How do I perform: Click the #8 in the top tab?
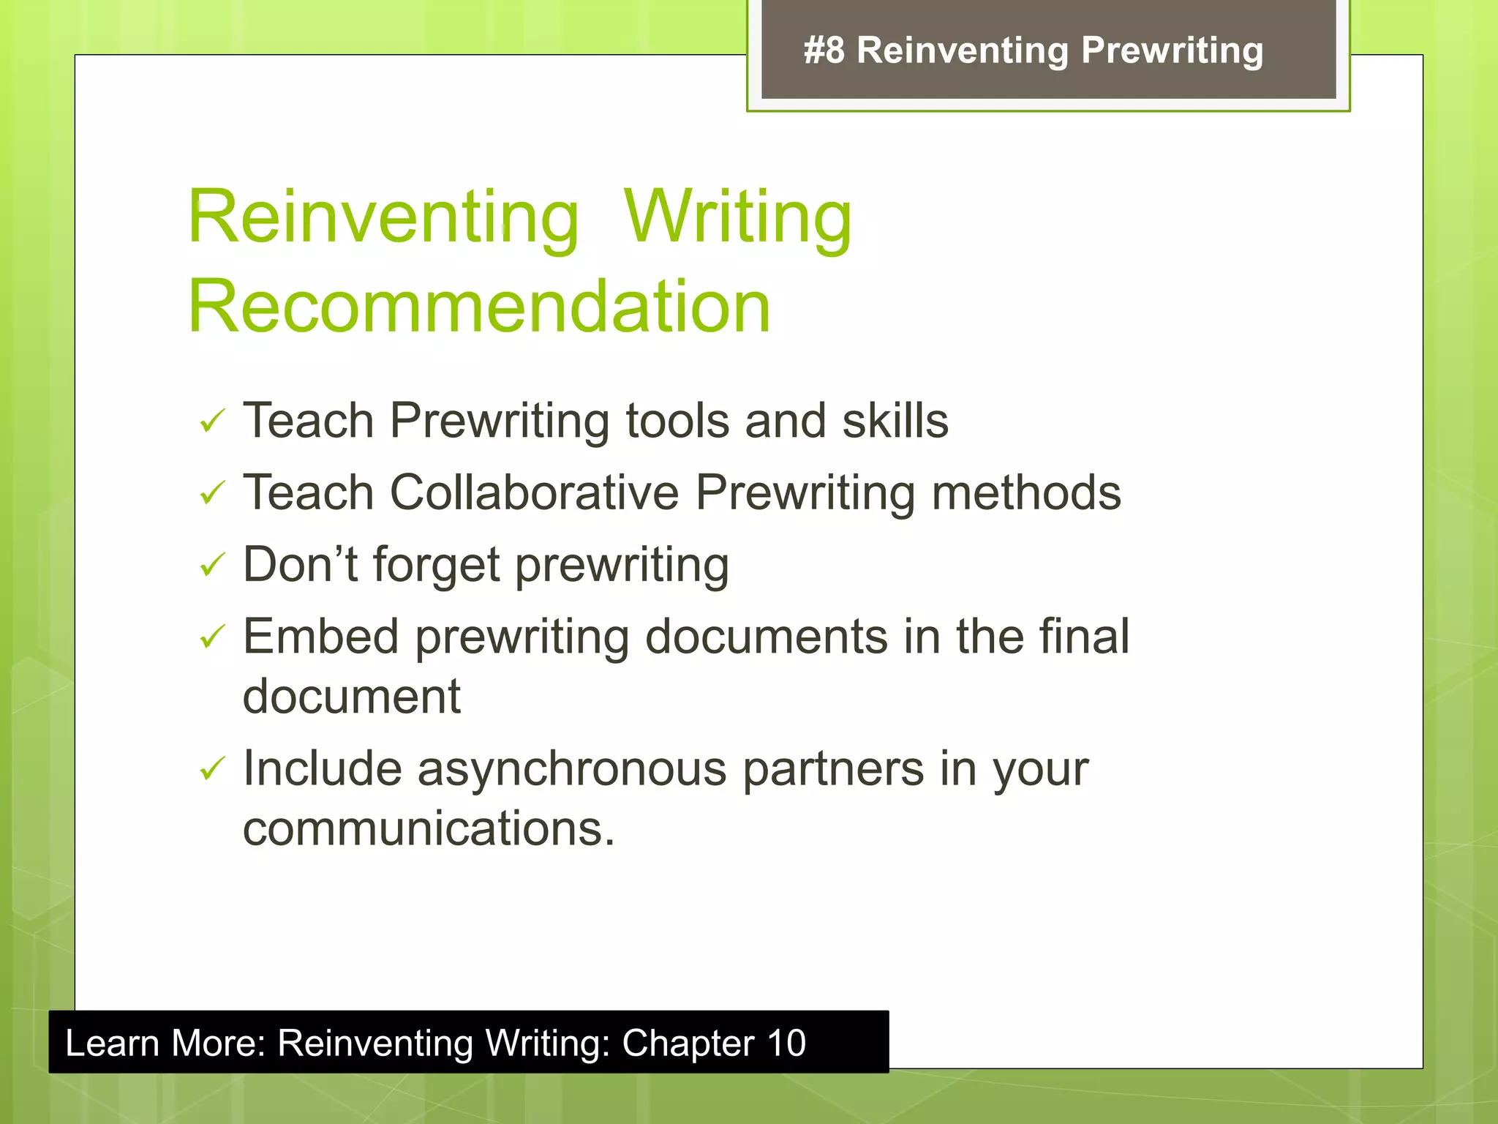(x=824, y=51)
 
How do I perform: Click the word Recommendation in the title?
(x=479, y=307)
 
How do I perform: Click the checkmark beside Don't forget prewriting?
(x=211, y=565)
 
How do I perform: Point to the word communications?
(x=428, y=828)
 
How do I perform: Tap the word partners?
(x=833, y=769)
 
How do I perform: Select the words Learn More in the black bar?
(x=165, y=1043)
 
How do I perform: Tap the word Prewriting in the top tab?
(x=1172, y=51)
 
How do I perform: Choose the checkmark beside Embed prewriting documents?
(x=211, y=637)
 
